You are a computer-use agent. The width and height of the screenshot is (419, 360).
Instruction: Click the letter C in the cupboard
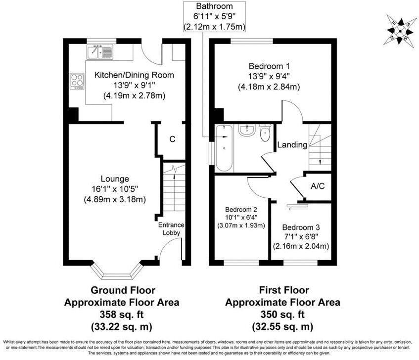[172, 139]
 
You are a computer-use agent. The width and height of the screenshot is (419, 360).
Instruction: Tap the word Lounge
[115, 179]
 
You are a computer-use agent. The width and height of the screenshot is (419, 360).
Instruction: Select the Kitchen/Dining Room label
[134, 75]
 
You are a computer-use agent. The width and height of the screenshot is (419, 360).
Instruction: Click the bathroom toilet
[266, 132]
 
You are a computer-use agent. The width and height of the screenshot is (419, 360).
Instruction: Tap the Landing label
[292, 145]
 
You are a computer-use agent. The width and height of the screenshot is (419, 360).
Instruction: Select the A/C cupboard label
[317, 187]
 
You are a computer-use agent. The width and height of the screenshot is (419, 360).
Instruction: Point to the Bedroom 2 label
[241, 209]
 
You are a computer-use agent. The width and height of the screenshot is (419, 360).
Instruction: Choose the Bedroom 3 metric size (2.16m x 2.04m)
[301, 245]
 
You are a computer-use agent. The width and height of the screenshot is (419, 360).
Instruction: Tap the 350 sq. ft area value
[283, 315]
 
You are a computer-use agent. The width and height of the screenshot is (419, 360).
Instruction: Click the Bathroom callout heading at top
[214, 6]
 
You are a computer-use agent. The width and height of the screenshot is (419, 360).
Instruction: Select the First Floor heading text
[283, 290]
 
